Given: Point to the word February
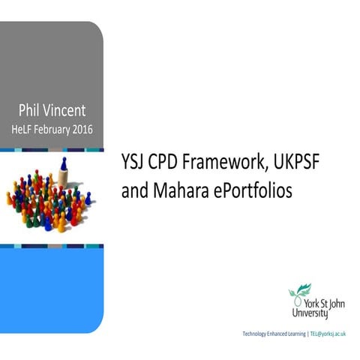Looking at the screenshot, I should click(x=64, y=129).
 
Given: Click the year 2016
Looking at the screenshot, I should click(x=100, y=129).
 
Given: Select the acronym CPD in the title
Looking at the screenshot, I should click(x=169, y=162).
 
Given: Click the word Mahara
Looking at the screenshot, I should click(x=179, y=191).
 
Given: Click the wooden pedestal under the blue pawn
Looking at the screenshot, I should click(x=64, y=176).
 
